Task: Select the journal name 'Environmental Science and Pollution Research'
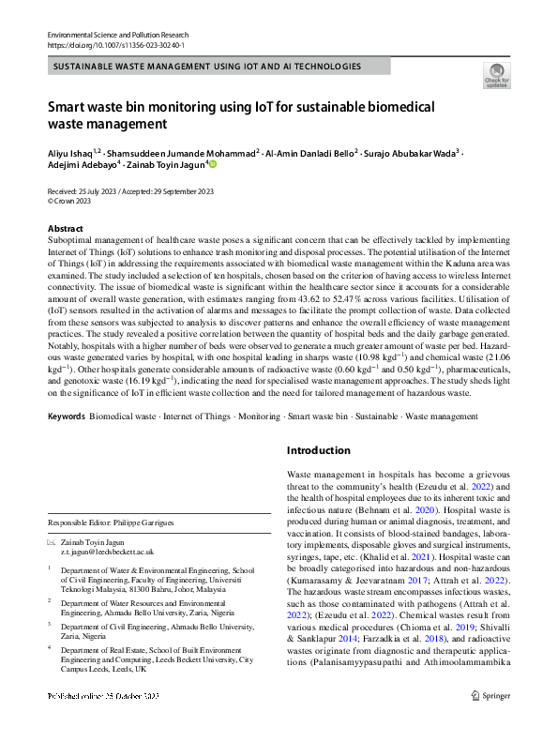(119, 35)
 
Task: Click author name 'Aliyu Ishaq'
(70, 151)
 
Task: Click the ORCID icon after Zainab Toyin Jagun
(212, 165)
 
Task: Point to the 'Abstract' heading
(65, 229)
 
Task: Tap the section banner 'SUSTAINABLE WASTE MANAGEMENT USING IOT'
(206, 67)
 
